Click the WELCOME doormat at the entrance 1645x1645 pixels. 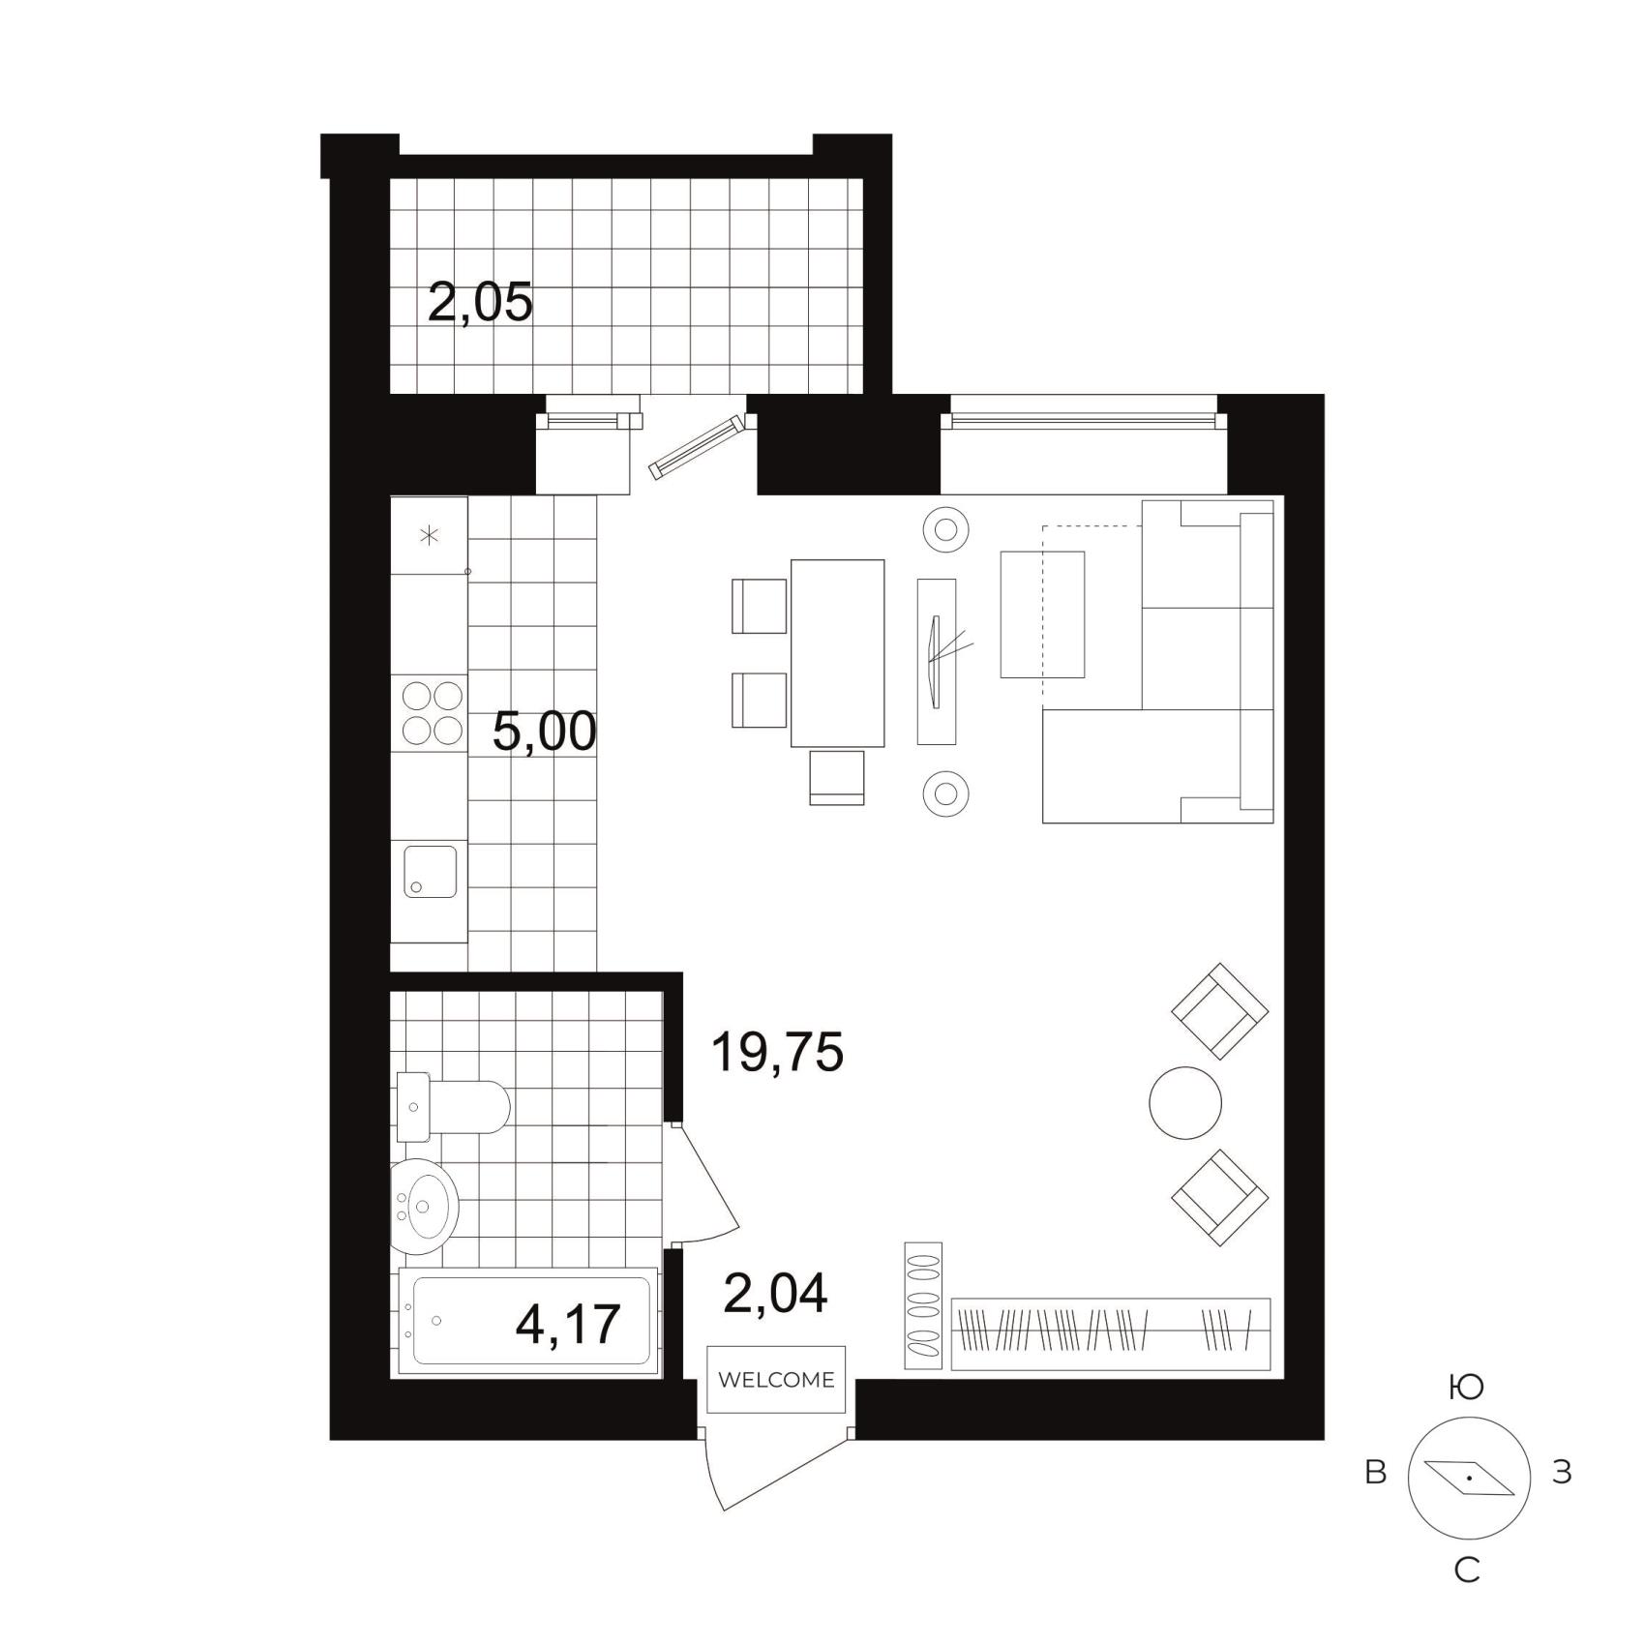(776, 1380)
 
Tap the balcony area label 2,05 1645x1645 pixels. (480, 303)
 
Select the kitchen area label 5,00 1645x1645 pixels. (544, 732)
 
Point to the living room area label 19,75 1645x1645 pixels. (777, 1052)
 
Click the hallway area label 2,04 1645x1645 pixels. (775, 1294)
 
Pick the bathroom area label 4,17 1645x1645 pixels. (568, 1325)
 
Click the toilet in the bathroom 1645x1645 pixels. (453, 1107)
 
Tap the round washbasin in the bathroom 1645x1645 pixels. (424, 1207)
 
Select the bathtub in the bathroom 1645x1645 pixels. (529, 1322)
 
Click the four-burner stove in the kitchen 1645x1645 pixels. (433, 713)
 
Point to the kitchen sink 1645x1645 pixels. (430, 871)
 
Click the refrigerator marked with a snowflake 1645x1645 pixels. (429, 535)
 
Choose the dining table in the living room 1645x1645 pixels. (837, 653)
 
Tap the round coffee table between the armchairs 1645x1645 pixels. (1185, 1103)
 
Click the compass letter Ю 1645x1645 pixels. (1467, 1389)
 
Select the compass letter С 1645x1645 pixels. (1467, 1570)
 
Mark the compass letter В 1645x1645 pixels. (1375, 1473)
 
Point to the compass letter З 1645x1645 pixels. (1562, 1473)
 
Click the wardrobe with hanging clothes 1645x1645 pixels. (1110, 1333)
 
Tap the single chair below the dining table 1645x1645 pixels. (836, 778)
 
